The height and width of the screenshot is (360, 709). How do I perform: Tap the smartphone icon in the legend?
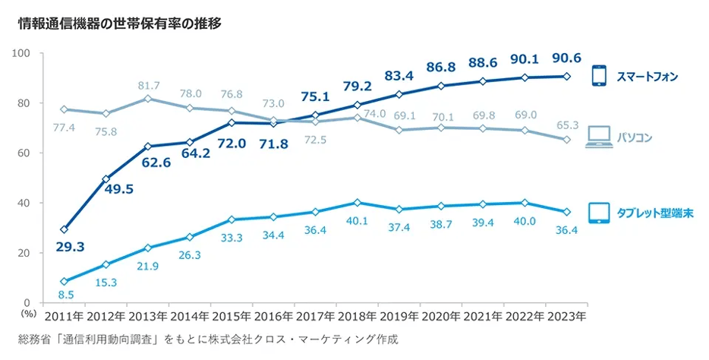pyautogui.click(x=600, y=76)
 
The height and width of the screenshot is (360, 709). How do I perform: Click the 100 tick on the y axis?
pyautogui.click(x=20, y=53)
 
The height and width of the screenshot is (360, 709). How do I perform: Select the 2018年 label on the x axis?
pyautogui.click(x=356, y=314)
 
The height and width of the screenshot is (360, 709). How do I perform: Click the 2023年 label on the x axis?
pyautogui.click(x=565, y=314)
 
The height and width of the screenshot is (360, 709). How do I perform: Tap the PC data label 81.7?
pyautogui.click(x=149, y=85)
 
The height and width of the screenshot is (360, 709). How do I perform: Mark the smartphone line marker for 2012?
pyautogui.click(x=106, y=179)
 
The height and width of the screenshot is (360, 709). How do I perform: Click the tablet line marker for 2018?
pyautogui.click(x=356, y=203)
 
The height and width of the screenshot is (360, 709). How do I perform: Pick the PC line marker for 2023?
pyautogui.click(x=565, y=140)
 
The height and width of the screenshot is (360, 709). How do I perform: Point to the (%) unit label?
pyautogui.click(x=29, y=311)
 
